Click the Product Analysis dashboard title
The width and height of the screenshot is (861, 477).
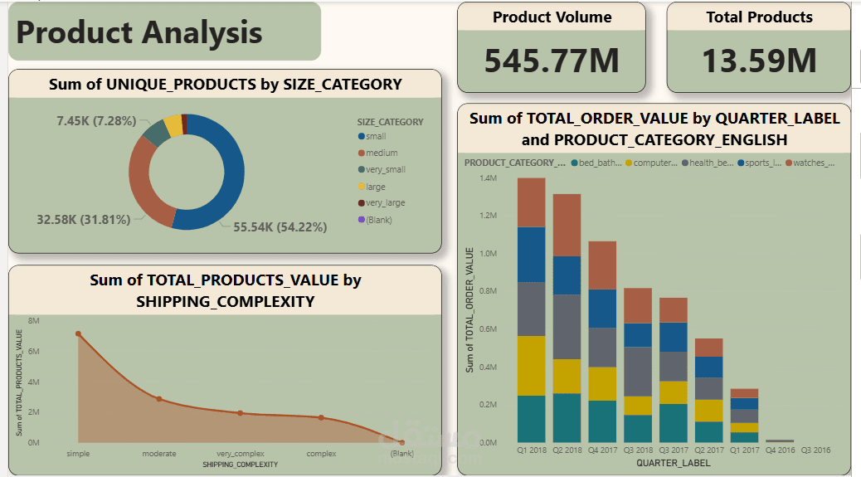tap(139, 32)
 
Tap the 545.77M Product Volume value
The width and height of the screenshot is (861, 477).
tap(552, 61)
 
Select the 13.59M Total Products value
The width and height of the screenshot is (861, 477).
tap(759, 61)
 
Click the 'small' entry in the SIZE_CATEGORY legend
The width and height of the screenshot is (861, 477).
tap(375, 136)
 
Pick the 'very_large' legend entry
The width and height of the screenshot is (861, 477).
tap(385, 202)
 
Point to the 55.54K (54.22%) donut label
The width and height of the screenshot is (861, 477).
tap(280, 226)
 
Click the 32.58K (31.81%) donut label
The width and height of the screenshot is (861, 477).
tap(84, 220)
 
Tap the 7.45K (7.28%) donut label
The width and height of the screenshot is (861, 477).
tap(96, 121)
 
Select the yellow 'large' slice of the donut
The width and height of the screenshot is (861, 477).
tap(173, 124)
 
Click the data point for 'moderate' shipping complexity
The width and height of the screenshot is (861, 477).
tap(158, 399)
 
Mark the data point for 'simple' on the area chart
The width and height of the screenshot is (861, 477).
tap(78, 333)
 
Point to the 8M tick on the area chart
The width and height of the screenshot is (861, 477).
tap(34, 320)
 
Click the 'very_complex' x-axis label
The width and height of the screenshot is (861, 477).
tap(240, 454)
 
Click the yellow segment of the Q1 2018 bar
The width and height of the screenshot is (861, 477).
tap(531, 366)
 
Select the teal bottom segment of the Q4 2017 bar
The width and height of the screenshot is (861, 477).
tap(602, 421)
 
